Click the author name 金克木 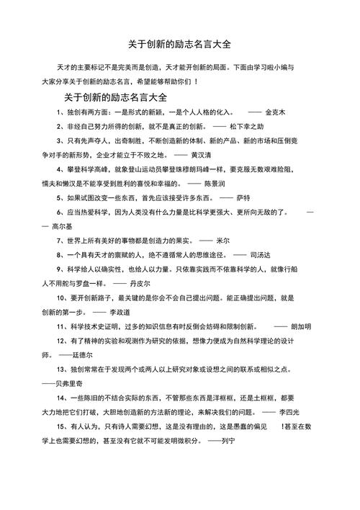coord(276,112)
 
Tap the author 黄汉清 coord(204,154)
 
